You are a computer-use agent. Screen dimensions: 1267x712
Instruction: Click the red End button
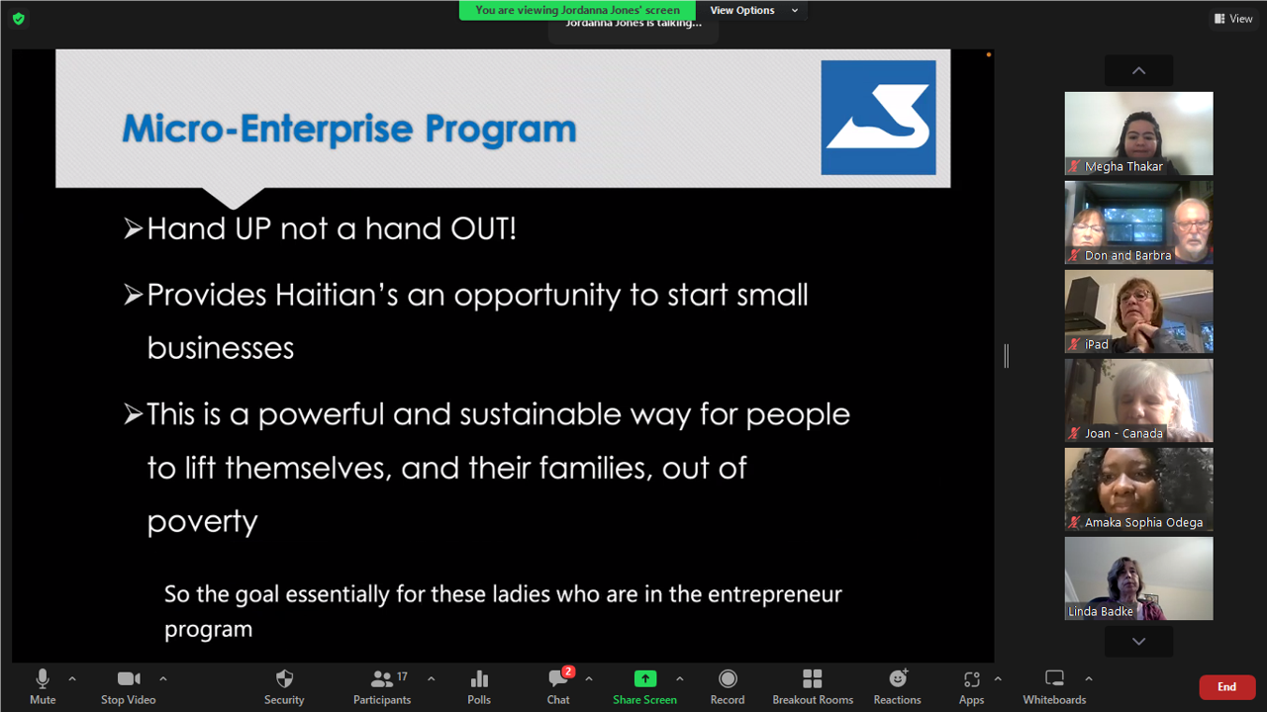pos(1226,687)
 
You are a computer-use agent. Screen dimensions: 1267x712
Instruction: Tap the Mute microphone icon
pos(43,678)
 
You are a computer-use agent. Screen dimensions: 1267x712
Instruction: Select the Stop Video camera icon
pos(129,678)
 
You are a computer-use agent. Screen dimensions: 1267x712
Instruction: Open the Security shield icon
pos(284,678)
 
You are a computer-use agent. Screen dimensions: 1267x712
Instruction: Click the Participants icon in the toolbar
pos(382,678)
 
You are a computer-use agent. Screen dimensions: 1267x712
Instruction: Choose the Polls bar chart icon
pos(479,678)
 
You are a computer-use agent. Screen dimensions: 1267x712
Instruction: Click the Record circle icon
pos(728,678)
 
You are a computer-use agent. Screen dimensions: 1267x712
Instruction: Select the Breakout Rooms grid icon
pos(813,678)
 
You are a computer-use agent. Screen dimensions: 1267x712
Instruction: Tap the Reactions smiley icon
pos(898,678)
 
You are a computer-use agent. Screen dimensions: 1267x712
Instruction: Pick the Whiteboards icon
pos(1054,678)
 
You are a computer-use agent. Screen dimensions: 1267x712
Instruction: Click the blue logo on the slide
pos(878,118)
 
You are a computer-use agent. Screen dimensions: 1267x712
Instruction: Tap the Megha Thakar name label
pos(1123,167)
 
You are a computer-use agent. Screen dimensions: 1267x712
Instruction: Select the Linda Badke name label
pos(1100,611)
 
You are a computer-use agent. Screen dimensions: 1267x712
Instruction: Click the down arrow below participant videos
pos(1138,642)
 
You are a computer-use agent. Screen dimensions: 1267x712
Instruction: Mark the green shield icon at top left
pos(19,19)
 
